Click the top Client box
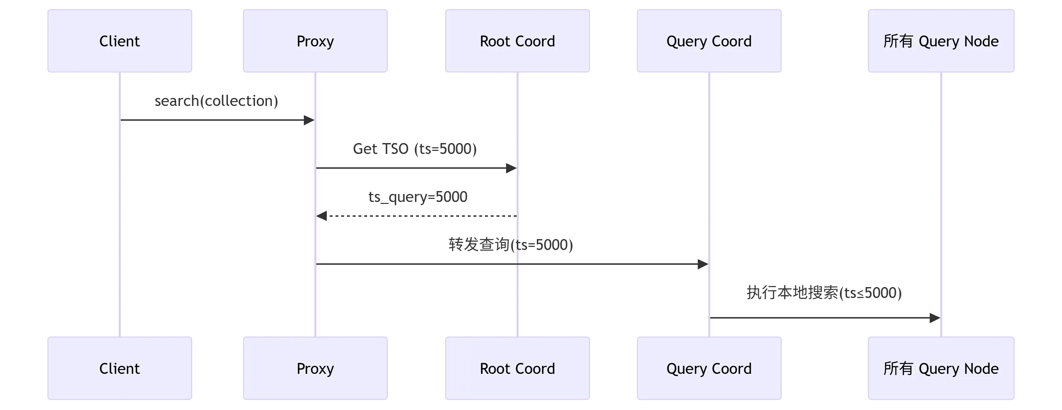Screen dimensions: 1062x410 [119, 41]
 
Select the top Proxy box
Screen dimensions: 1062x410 [315, 41]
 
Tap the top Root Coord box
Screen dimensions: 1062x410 [517, 41]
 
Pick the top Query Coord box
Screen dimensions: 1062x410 [709, 41]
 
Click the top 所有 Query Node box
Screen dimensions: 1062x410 [941, 41]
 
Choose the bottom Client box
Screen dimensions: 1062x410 [119, 368]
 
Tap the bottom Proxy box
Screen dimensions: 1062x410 [315, 368]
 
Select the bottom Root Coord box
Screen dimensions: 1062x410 [517, 368]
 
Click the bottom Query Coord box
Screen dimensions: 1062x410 [709, 368]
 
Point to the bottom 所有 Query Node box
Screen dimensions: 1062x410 [941, 368]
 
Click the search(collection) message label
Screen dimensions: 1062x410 [216, 101]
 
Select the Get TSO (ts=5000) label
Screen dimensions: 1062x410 [415, 149]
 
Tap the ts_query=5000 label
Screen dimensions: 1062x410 [418, 197]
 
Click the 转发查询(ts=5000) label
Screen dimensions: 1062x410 [511, 245]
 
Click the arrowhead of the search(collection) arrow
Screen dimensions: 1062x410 [309, 120]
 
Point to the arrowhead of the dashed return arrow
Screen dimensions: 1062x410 [321, 216]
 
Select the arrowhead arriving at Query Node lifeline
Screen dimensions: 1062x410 [935, 318]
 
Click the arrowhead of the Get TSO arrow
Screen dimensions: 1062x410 [511, 168]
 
